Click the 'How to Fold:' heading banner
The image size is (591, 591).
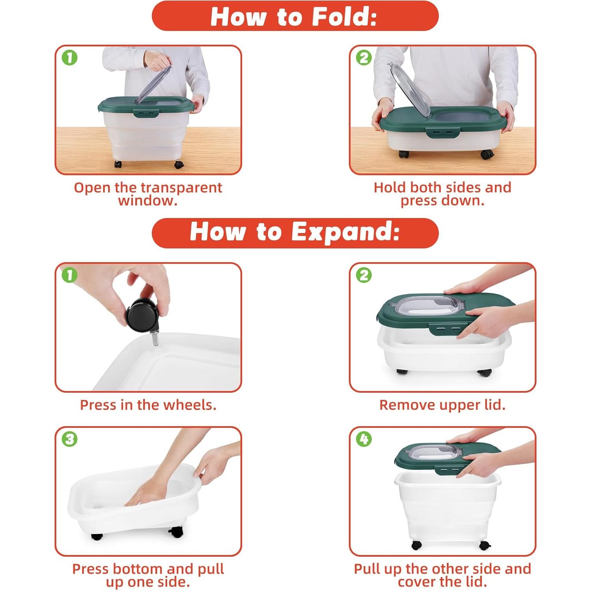pyautogui.click(x=295, y=16)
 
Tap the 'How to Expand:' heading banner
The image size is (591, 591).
pyautogui.click(x=295, y=233)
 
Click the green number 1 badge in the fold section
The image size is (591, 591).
pyautogui.click(x=69, y=58)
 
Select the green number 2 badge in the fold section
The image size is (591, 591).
pyautogui.click(x=364, y=58)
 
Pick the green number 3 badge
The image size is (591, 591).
pyautogui.click(x=69, y=439)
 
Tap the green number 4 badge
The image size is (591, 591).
pyautogui.click(x=364, y=439)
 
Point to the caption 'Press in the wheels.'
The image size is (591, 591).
pyautogui.click(x=148, y=405)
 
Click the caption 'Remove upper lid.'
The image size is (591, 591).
pyautogui.click(x=442, y=405)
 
